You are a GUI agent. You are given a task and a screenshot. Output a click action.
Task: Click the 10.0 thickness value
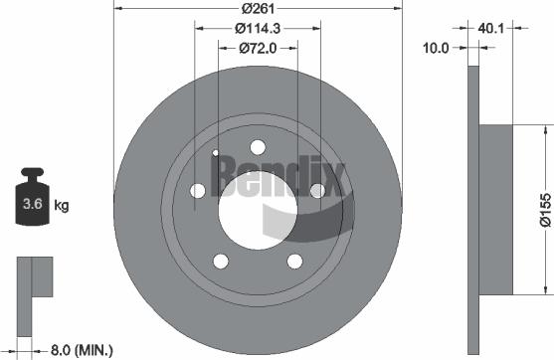pos(439,46)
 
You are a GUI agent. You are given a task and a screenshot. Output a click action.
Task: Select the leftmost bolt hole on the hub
pos(198,190)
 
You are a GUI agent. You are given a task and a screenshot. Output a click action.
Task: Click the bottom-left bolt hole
pos(220,261)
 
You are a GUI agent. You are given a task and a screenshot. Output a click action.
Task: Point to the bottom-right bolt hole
pos(294,261)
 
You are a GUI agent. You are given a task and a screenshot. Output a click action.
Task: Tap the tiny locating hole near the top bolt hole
pos(216,152)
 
